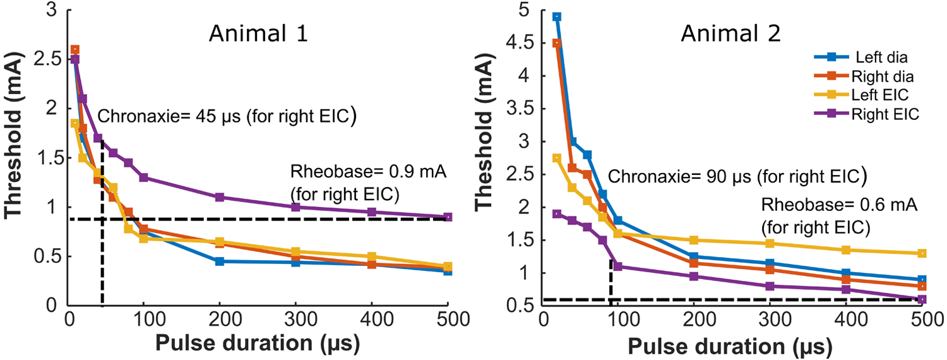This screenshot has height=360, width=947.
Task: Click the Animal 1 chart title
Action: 258,32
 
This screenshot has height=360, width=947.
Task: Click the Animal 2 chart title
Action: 730,32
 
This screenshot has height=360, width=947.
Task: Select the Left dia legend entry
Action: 881,57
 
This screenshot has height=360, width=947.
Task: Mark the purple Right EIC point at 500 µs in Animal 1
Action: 448,217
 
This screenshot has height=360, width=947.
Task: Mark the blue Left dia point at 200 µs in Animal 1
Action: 220,261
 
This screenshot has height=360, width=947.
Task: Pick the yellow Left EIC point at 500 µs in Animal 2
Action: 921,253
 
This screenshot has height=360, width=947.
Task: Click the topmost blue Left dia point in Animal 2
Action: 556,17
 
